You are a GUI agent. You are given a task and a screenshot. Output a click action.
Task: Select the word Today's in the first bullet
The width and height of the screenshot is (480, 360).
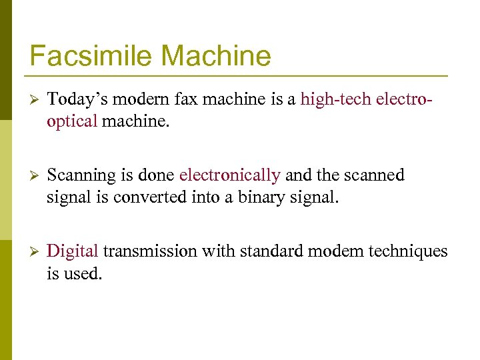pyautogui.click(x=79, y=99)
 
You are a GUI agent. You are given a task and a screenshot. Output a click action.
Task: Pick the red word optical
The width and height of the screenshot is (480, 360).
pyautogui.click(x=72, y=122)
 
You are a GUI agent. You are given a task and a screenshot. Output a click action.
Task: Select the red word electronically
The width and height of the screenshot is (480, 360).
pyautogui.click(x=229, y=175)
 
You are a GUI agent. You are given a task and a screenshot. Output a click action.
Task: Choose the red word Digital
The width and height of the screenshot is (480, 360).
pyautogui.click(x=73, y=251)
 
